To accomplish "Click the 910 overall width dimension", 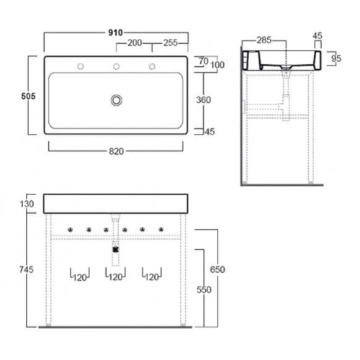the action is coord(115,32).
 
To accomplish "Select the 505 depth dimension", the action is coord(28,96).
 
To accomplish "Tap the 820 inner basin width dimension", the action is coord(117,151).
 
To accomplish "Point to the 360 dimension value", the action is coord(204,100).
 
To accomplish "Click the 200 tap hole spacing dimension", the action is coord(135,43).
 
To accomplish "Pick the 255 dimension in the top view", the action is coord(171,43).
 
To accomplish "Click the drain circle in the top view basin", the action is coord(117,100).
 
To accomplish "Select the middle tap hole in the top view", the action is coord(117,66).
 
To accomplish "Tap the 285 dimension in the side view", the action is coord(264,40).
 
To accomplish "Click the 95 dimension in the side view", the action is coord(336,58).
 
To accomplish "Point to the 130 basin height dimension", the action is coord(27,204).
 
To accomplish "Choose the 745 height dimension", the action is coord(27,269).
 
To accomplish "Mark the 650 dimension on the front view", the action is coord(217,269).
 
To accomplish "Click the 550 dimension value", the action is coord(204,290).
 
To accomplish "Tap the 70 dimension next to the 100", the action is coord(204,61).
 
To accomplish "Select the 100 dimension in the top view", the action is coord(217,65).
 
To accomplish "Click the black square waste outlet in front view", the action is coord(116,250).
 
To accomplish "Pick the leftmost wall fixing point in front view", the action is coord(70,230).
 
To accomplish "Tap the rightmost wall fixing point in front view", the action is coord(161,230).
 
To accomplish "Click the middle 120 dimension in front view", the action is coord(116,277).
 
